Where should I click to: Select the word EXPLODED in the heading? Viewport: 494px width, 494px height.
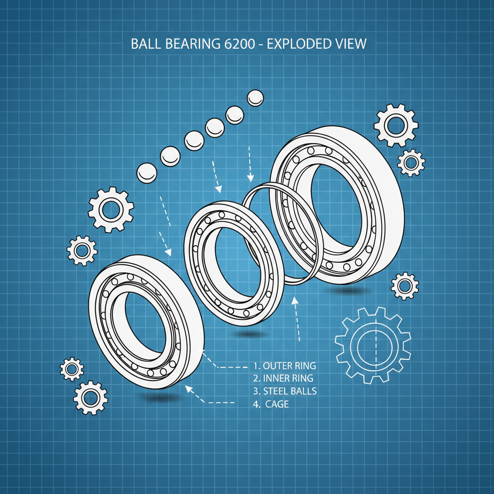[300, 44]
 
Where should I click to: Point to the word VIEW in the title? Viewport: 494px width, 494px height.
[351, 44]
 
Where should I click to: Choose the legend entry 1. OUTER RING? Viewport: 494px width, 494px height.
[285, 365]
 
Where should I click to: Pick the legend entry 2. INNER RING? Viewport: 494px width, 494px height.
[283, 378]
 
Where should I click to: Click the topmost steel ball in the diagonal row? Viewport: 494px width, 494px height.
[255, 98]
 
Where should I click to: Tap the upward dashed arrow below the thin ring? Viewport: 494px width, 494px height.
[297, 318]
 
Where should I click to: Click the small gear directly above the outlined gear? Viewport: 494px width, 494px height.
[404, 286]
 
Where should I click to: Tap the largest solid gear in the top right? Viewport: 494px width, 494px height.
[396, 125]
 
